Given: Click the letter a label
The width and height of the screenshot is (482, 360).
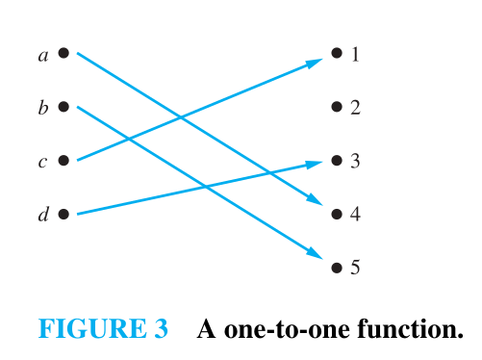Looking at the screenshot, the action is (43, 56).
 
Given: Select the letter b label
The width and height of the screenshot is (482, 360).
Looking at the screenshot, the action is (43, 108).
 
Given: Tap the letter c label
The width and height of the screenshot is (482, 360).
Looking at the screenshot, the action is (42, 162).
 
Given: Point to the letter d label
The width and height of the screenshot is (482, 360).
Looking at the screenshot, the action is (43, 214).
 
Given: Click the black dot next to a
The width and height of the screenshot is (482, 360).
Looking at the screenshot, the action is (63, 53).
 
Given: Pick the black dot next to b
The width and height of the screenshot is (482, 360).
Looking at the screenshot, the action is (63, 107).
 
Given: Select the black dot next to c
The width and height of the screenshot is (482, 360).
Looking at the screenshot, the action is (63, 160).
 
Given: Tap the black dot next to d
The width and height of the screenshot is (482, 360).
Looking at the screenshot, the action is (63, 214).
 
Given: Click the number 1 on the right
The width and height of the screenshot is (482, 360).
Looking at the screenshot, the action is (355, 54).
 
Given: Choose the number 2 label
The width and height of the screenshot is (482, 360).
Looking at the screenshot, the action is (355, 108).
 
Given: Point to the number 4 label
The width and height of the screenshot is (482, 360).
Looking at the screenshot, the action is (355, 214).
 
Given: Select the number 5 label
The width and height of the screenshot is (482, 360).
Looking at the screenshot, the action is (355, 267).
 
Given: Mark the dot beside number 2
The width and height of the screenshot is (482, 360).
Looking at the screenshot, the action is (337, 107).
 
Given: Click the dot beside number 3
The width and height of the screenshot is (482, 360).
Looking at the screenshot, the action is (337, 160).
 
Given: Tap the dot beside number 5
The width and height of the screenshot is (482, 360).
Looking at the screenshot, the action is (337, 268).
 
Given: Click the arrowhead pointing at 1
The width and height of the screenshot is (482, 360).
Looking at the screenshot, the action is (314, 63).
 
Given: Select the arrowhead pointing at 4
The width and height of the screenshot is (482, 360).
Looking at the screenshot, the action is (315, 199).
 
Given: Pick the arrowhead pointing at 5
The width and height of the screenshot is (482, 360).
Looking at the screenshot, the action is (315, 253).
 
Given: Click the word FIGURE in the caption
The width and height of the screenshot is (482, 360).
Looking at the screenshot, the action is (92, 328).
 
